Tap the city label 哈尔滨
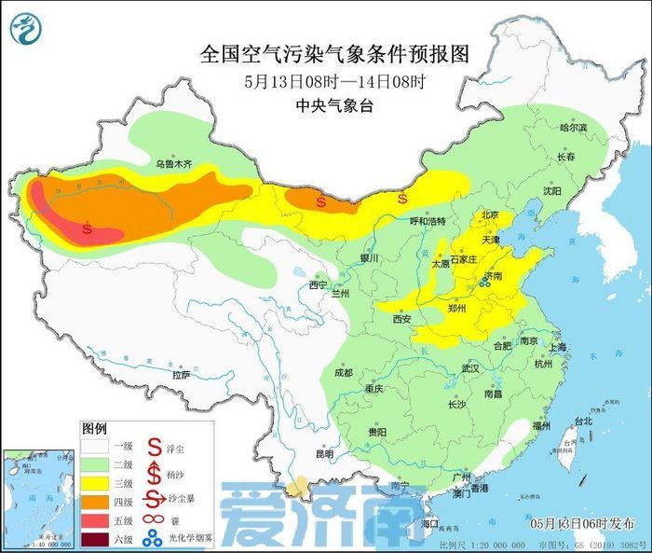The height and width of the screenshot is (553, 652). (573, 127)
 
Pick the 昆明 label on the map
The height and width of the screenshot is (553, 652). (323, 454)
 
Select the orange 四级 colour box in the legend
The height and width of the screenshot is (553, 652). (95, 502)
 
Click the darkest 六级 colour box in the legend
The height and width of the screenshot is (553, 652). (95, 538)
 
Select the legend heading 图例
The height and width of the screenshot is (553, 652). (94, 428)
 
